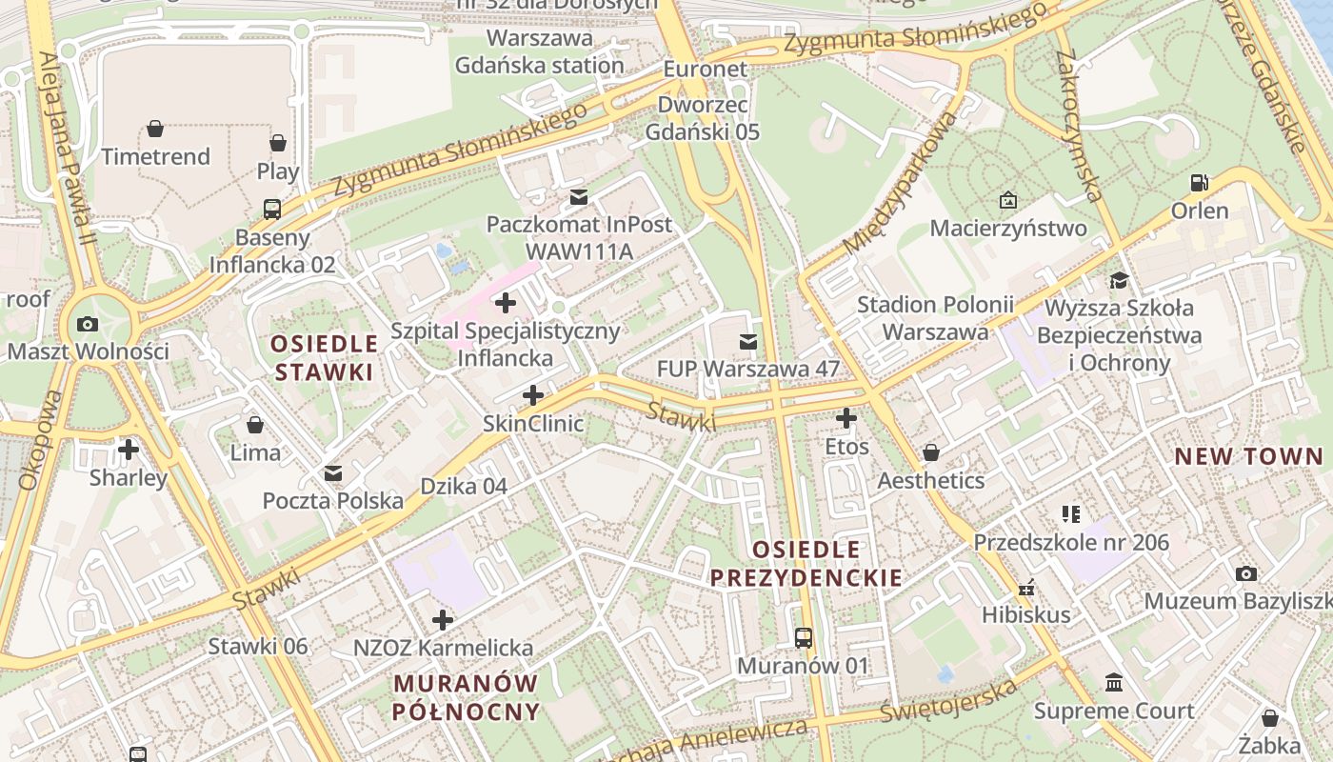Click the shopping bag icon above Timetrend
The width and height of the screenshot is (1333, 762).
click(x=155, y=128)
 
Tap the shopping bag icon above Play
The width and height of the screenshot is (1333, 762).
click(x=278, y=143)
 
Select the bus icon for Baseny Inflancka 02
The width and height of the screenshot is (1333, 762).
click(x=272, y=209)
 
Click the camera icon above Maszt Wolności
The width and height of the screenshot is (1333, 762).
click(x=88, y=324)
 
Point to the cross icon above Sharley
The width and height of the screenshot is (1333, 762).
click(x=129, y=449)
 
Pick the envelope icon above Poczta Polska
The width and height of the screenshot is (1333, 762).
click(x=333, y=472)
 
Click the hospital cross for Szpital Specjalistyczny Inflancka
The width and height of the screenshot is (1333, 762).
click(x=506, y=304)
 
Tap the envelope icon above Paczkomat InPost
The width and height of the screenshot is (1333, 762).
click(x=579, y=197)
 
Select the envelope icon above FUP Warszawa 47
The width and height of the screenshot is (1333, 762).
click(x=749, y=340)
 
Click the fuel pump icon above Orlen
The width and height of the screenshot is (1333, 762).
click(x=1200, y=182)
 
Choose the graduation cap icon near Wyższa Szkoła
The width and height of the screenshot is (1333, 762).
click(x=1119, y=280)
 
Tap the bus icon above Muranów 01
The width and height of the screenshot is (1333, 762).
click(x=804, y=637)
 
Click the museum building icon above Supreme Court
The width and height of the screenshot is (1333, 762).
click(x=1114, y=683)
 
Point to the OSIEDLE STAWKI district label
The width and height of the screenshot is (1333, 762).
click(x=324, y=357)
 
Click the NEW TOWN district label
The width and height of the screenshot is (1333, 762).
click(x=1248, y=456)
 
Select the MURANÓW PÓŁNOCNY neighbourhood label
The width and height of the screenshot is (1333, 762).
click(x=466, y=697)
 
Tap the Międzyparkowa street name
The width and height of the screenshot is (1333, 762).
click(x=900, y=184)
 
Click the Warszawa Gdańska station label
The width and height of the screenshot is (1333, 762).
click(x=540, y=52)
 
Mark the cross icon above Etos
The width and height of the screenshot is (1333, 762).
click(x=846, y=418)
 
